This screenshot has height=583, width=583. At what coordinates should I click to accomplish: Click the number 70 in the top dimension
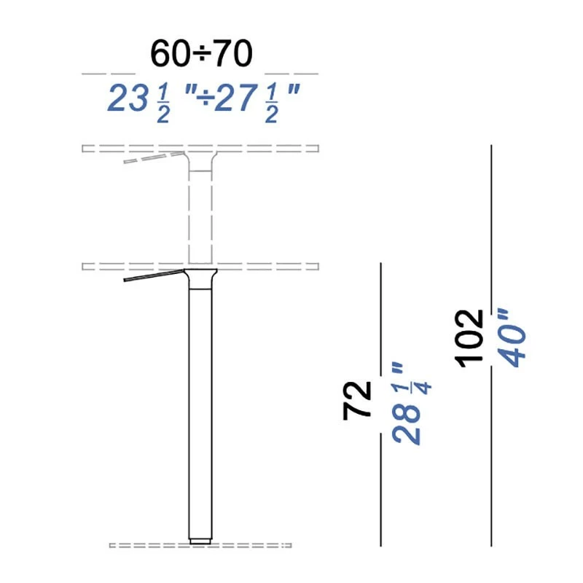[x=232, y=53]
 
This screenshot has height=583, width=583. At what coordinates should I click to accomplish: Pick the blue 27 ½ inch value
[x=249, y=99]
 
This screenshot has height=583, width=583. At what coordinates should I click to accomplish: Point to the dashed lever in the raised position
[x=153, y=157]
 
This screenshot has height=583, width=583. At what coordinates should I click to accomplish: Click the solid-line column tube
[x=200, y=408]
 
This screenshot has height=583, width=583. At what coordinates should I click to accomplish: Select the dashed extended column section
[x=200, y=211]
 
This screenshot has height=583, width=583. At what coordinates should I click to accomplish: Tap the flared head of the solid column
[x=200, y=277]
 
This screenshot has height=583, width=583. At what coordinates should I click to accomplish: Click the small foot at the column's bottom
[x=200, y=541]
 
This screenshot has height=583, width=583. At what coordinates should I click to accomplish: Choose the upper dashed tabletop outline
[x=277, y=149]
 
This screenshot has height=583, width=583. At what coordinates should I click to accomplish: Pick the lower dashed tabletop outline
[x=277, y=266]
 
